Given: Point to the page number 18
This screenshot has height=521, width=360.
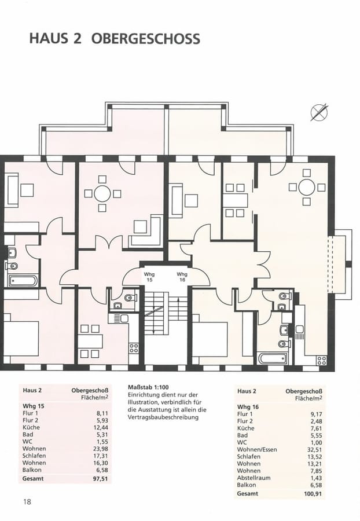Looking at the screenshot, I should [x=28, y=501].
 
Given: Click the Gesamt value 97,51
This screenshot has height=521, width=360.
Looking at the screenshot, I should [x=100, y=479].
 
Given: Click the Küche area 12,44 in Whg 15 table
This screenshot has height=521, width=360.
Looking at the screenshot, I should [x=101, y=427].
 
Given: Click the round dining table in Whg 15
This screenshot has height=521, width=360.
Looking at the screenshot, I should [x=102, y=193].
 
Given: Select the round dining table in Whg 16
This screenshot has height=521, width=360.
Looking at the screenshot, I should [x=307, y=187].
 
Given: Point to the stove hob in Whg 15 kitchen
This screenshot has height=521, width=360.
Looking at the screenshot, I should [x=134, y=348].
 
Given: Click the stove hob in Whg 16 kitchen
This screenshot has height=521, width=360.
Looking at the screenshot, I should [x=321, y=359].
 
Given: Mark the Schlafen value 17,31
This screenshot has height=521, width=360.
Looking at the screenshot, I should [x=101, y=456].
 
